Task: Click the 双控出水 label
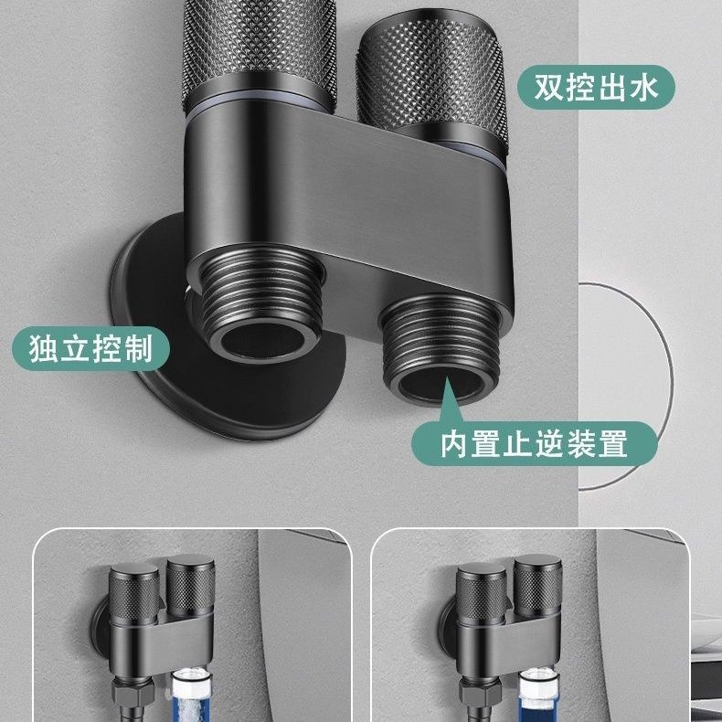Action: [x=596, y=87]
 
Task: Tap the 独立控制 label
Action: [x=90, y=348]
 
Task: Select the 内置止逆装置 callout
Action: [x=534, y=443]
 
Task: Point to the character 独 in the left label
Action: [x=43, y=348]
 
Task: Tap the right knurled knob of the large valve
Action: [x=433, y=83]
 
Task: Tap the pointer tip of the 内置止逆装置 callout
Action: [x=446, y=377]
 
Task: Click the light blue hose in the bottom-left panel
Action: [x=190, y=696]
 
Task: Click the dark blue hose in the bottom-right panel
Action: [x=536, y=696]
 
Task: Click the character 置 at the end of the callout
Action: [x=612, y=443]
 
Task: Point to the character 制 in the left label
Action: [x=138, y=348]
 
